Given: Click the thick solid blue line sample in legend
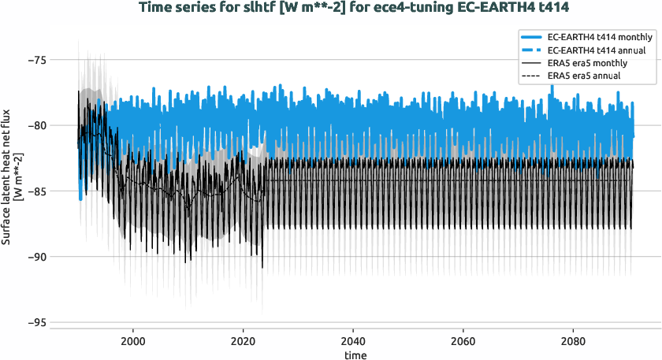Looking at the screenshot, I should tap(531, 37).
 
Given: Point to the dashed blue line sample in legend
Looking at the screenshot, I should tap(531, 50).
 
